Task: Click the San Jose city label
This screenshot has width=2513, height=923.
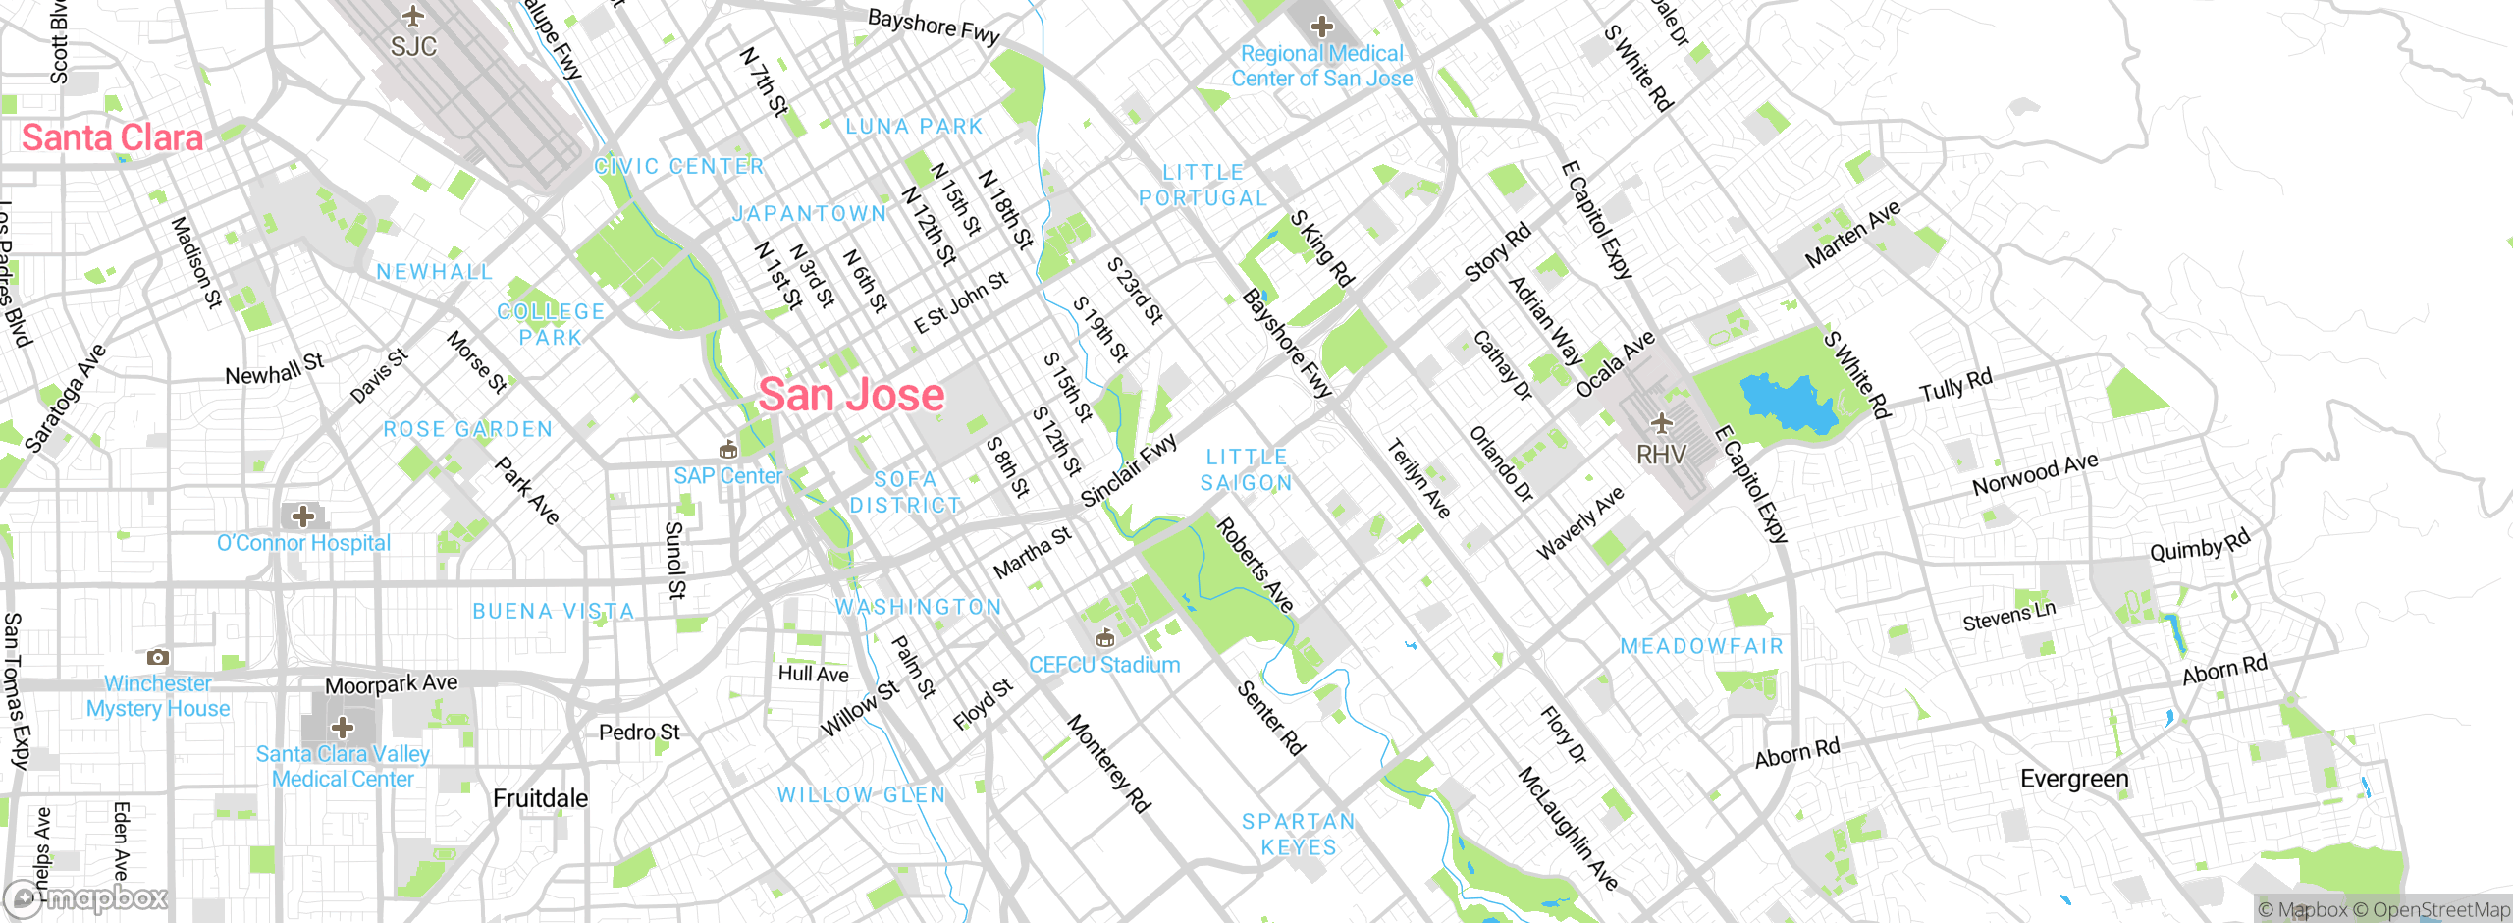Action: click(851, 395)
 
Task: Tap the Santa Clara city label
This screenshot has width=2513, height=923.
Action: click(112, 137)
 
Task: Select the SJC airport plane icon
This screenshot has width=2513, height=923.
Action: click(413, 17)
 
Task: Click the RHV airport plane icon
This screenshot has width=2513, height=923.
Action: click(1661, 424)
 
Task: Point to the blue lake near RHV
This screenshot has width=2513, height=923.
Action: click(1785, 403)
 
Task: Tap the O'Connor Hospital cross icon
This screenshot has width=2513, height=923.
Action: click(303, 516)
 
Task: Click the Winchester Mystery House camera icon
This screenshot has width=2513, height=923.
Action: click(157, 657)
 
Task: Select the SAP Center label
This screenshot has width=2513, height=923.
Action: click(727, 476)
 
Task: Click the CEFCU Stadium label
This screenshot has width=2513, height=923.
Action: click(1104, 665)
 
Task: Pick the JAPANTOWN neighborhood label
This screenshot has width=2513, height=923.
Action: click(810, 213)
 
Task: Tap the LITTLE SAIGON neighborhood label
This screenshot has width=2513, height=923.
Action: click(1246, 469)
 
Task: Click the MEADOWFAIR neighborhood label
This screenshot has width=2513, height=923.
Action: click(1701, 646)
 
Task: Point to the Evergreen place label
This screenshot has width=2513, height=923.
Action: click(2074, 779)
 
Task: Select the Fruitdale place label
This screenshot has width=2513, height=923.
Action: click(540, 798)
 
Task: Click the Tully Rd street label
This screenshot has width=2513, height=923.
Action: click(1955, 384)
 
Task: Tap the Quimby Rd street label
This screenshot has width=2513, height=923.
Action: click(2199, 546)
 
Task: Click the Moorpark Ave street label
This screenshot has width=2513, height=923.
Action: click(391, 683)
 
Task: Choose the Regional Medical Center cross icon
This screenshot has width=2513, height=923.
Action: click(1321, 27)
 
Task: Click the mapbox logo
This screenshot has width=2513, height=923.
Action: click(86, 897)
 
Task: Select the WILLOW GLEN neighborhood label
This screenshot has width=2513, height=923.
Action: click(861, 794)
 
